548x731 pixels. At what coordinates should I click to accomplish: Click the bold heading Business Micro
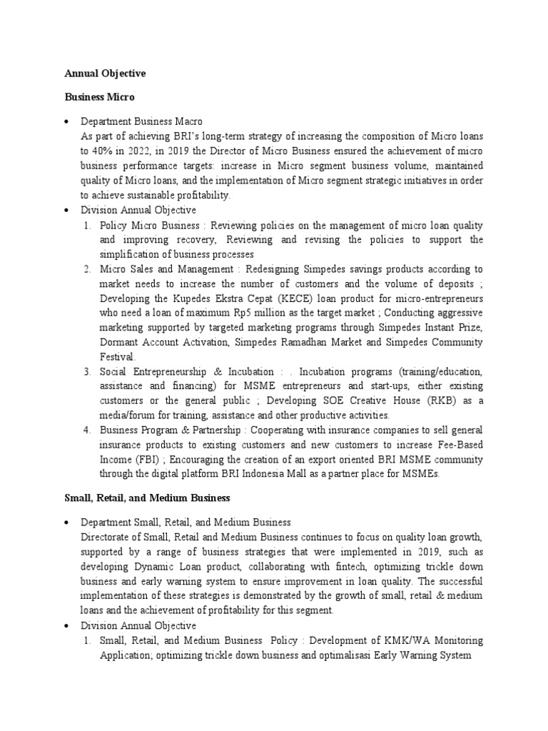coord(98,96)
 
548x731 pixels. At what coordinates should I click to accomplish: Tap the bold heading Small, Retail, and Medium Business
coord(146,497)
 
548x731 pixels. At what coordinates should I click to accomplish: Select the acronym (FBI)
coord(151,459)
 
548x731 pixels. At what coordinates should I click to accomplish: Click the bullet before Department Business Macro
coord(66,122)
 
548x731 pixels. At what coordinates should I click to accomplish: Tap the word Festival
coord(117,356)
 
